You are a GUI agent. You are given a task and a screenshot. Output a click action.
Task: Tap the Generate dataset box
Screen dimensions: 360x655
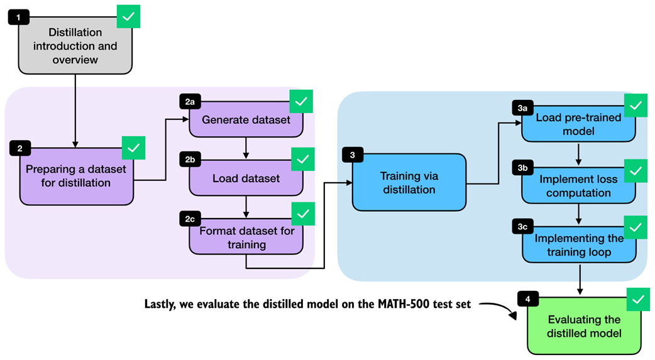pyautogui.click(x=246, y=119)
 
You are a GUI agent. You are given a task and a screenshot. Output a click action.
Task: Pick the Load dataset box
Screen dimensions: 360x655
pyautogui.click(x=246, y=178)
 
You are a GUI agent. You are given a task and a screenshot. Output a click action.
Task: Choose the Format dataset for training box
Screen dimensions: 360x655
pyautogui.click(x=246, y=237)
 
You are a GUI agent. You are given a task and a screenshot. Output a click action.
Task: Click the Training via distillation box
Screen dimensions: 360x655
pyautogui.click(x=409, y=182)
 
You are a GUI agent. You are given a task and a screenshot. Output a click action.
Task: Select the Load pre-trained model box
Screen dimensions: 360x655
pyautogui.click(x=578, y=124)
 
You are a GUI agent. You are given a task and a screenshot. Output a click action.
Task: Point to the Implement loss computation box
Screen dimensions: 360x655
pyautogui.click(x=578, y=186)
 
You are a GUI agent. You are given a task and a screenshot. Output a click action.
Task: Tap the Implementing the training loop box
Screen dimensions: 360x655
pyautogui.click(x=578, y=245)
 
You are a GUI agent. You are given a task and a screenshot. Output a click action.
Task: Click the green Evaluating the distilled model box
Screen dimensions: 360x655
pyautogui.click(x=585, y=325)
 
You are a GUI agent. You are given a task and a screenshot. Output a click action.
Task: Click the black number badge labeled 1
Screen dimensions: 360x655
pyautogui.click(x=19, y=17)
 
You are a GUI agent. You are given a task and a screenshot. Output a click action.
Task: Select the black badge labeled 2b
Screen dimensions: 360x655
pyautogui.click(x=189, y=160)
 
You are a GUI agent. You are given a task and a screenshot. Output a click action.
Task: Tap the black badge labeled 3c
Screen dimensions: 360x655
pyautogui.click(x=522, y=227)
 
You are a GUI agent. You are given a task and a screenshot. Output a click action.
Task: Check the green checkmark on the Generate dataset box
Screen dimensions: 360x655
pyautogui.click(x=301, y=102)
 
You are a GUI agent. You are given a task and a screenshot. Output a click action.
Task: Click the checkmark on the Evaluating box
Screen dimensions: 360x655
pyautogui.click(x=639, y=300)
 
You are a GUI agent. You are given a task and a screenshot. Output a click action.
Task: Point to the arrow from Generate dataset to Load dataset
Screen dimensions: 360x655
pyautogui.click(x=246, y=145)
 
